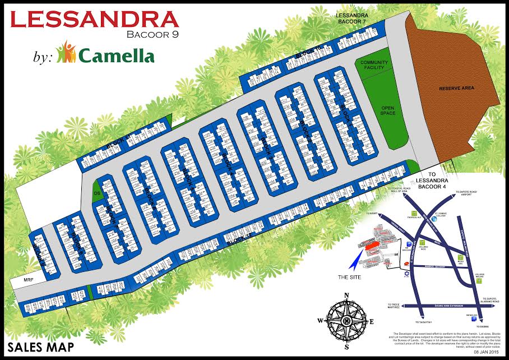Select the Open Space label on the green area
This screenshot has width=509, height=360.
click(388, 110)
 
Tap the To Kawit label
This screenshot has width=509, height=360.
click(371, 214)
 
